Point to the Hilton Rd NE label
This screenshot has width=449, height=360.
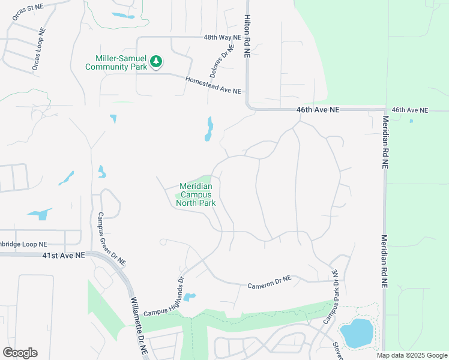point(246,36)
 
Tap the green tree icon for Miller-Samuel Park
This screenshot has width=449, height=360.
point(156,61)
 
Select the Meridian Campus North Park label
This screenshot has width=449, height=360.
point(196,194)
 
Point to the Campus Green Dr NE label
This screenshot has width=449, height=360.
point(112,239)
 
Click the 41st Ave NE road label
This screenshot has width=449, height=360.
point(62,254)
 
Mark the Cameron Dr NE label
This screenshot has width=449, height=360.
point(269,281)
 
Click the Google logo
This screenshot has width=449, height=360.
point(20,353)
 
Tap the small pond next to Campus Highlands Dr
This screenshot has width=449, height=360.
point(189,297)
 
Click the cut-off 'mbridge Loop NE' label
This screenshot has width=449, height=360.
point(23,244)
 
